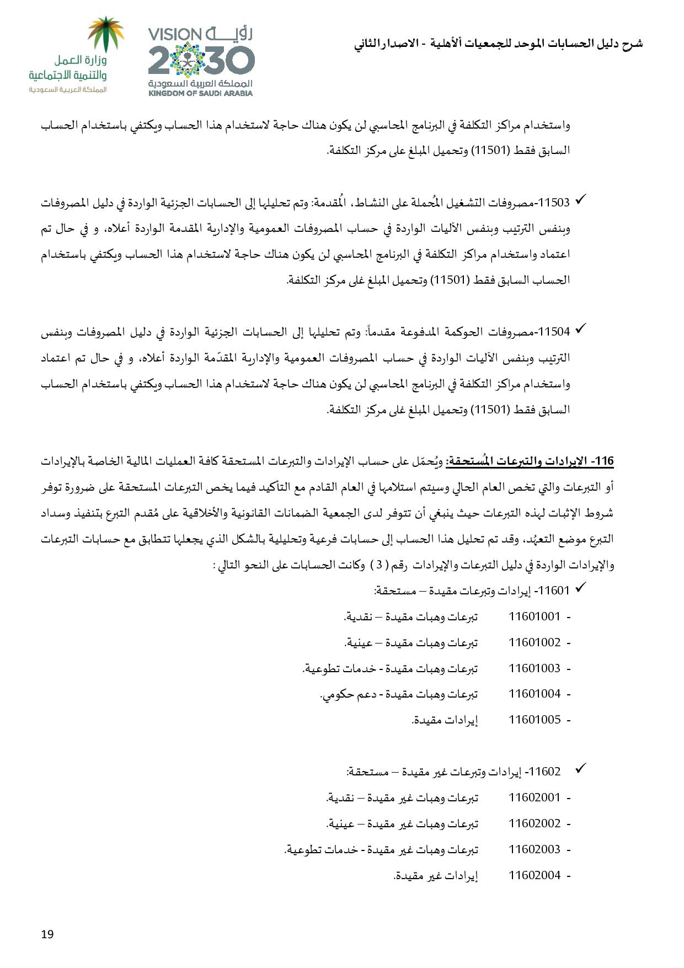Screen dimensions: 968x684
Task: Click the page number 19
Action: (x=47, y=934)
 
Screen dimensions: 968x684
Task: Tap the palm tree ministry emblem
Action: (x=107, y=34)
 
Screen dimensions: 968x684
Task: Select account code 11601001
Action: (x=534, y=616)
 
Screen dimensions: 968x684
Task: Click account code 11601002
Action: (x=534, y=642)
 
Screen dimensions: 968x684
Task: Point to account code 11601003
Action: (x=534, y=668)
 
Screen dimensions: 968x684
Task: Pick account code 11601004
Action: (x=534, y=694)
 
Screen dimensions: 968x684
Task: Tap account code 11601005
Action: (x=534, y=720)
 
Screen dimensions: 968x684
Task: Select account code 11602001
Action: (x=534, y=797)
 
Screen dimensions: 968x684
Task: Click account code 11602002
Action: (x=534, y=823)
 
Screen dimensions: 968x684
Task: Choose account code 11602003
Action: (x=534, y=849)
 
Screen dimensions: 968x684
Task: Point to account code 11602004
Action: (x=534, y=875)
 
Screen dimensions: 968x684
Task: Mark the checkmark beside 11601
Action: (x=580, y=589)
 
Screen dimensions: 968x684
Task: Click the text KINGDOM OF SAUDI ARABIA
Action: (x=200, y=93)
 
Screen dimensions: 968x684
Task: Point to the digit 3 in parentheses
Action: (x=379, y=565)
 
